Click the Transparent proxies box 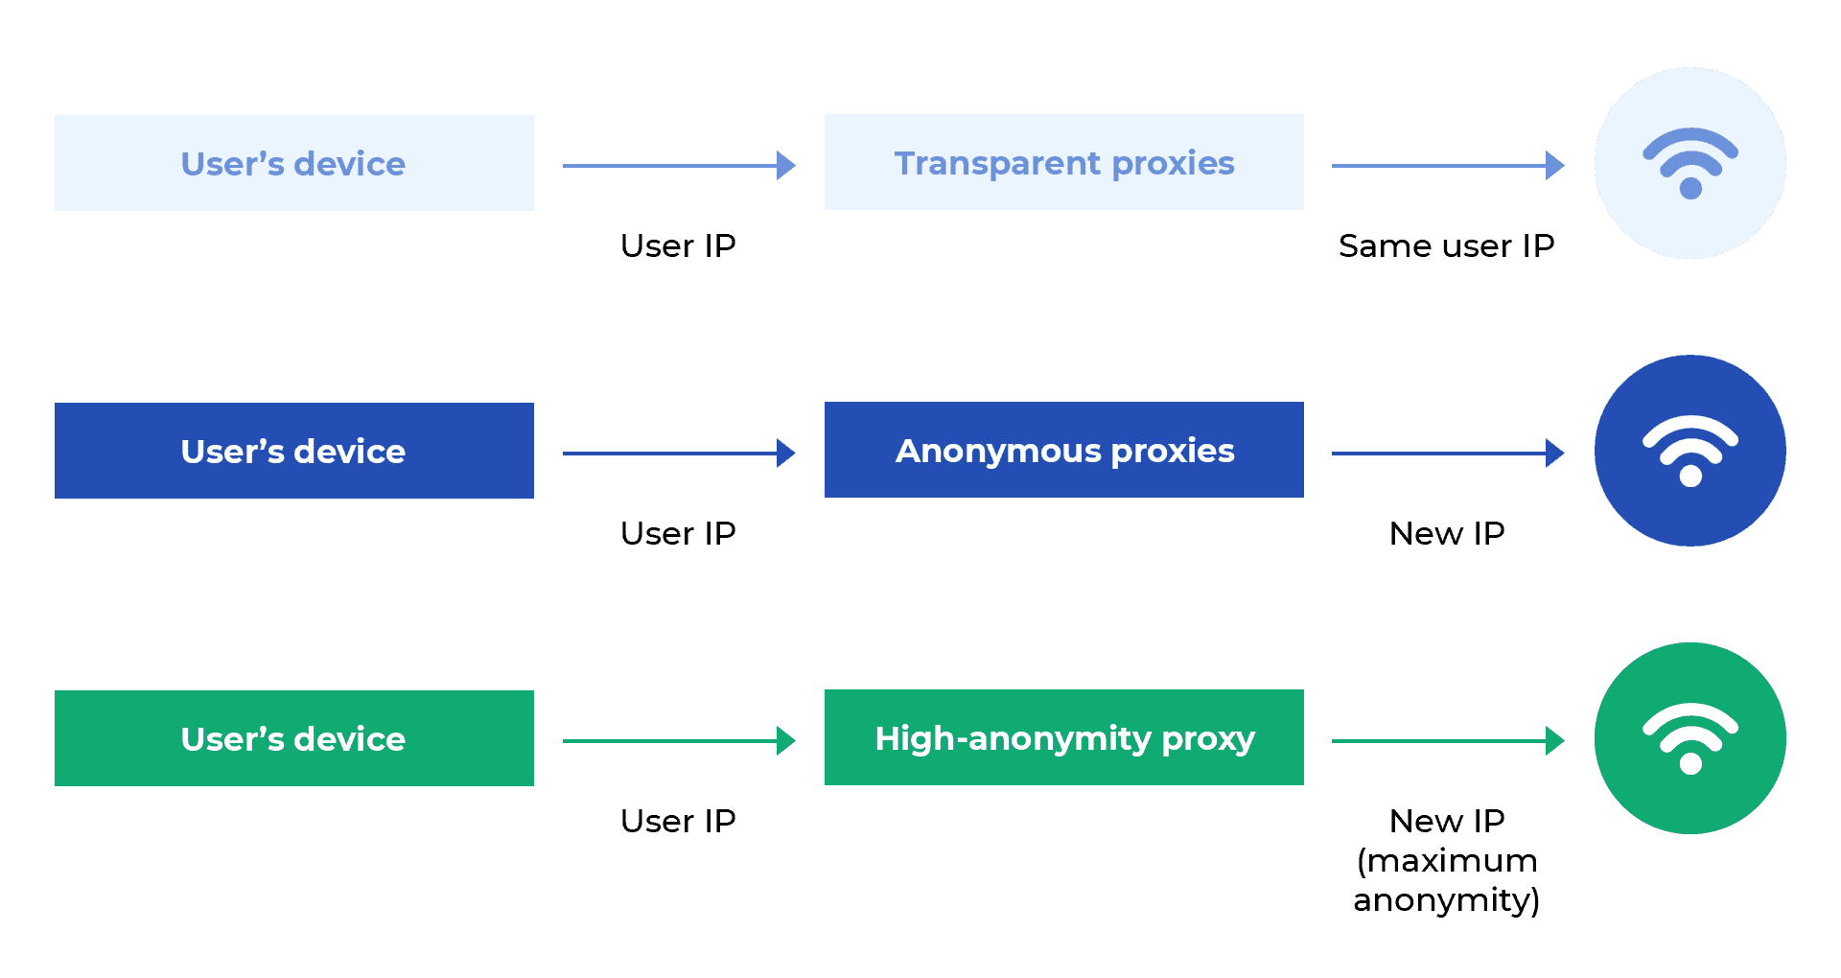1063,162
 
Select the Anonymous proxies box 1063,450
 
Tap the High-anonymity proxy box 1063,737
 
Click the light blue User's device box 293,163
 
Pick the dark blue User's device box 293,451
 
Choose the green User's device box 293,738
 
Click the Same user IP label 1446,246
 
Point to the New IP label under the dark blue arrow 1446,533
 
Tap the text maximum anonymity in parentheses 1446,880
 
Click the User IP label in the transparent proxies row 678,246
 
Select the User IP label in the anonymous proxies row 678,533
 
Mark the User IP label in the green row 678,821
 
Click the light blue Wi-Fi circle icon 1690,163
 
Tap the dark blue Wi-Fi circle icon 1690,451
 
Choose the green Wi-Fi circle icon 1690,738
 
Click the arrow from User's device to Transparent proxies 678,166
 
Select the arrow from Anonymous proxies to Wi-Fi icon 1447,454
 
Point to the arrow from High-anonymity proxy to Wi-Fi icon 1447,741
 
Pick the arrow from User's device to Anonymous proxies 678,454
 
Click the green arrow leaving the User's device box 678,741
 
